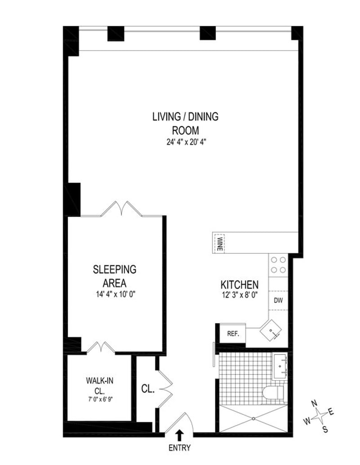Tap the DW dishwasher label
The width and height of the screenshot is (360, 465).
pyautogui.click(x=278, y=300)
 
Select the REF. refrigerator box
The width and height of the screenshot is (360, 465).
pyautogui.click(x=233, y=334)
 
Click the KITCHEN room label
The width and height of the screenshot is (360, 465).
pyautogui.click(x=239, y=285)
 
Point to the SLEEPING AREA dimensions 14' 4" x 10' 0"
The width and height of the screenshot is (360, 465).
pyautogui.click(x=114, y=295)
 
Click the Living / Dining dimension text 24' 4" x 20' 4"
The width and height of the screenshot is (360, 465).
pyautogui.click(x=186, y=142)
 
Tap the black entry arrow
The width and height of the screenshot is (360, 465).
pyautogui.click(x=179, y=435)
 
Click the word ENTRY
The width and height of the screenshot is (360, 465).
pyautogui.click(x=180, y=448)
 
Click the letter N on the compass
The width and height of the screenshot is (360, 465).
pyautogui.click(x=314, y=403)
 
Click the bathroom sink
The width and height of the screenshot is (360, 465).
pyautogui.click(x=280, y=366)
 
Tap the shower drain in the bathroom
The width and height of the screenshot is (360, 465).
pyautogui.click(x=253, y=419)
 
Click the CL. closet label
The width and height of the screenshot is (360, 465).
pyautogui.click(x=148, y=389)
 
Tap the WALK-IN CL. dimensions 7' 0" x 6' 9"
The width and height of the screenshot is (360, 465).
pyautogui.click(x=99, y=399)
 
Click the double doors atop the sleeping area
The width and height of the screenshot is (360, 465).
pyautogui.click(x=121, y=209)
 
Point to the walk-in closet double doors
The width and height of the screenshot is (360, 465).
pyautogui.click(x=101, y=347)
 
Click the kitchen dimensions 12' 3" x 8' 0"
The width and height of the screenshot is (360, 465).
pyautogui.click(x=239, y=295)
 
